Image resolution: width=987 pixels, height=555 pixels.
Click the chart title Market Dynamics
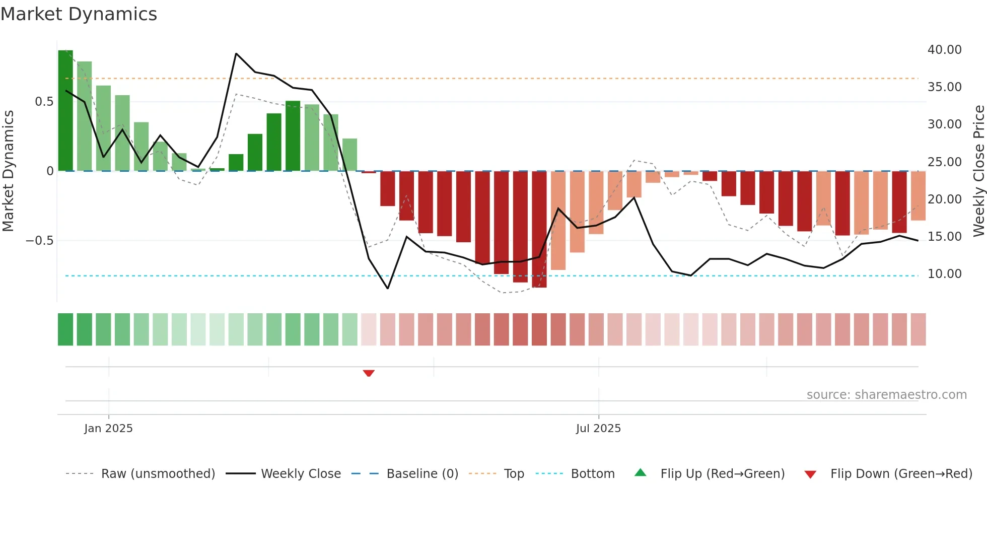[79, 14]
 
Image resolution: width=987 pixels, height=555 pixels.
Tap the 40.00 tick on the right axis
[944, 50]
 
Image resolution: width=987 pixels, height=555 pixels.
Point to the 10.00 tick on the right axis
[944, 274]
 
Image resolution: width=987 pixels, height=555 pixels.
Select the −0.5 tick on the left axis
[40, 241]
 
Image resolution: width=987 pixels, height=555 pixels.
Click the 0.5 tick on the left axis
[44, 102]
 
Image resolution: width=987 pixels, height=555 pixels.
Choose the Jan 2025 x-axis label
[108, 429]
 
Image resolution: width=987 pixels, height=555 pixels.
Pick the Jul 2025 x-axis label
[598, 429]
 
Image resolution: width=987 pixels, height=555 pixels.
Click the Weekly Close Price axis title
[978, 171]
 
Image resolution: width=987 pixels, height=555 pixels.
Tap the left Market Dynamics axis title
[8, 171]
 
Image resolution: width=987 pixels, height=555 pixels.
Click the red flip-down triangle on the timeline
[369, 373]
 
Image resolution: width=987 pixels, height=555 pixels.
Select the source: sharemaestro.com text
[886, 395]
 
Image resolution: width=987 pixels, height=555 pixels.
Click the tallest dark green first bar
[65, 111]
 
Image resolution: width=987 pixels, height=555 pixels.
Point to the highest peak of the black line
[236, 53]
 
